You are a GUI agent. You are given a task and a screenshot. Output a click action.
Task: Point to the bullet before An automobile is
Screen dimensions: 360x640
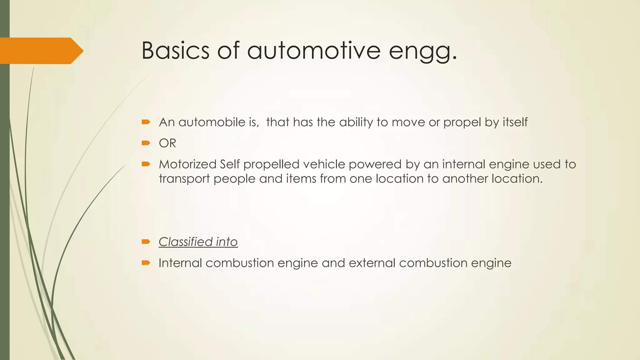pos(146,122)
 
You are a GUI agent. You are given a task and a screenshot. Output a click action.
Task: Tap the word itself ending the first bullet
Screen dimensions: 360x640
pos(515,122)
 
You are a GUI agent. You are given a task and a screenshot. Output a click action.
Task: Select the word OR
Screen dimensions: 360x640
pos(167,143)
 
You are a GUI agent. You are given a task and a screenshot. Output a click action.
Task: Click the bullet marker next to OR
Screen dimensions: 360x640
pos(146,143)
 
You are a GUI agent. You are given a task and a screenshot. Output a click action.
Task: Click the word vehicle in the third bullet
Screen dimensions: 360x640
pos(324,164)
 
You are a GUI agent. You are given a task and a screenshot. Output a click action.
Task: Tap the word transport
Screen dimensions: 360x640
pos(184,179)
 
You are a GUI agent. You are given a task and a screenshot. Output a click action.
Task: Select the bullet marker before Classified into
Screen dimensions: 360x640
pos(146,242)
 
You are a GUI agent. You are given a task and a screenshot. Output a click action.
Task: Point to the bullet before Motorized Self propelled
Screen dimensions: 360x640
pos(146,164)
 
